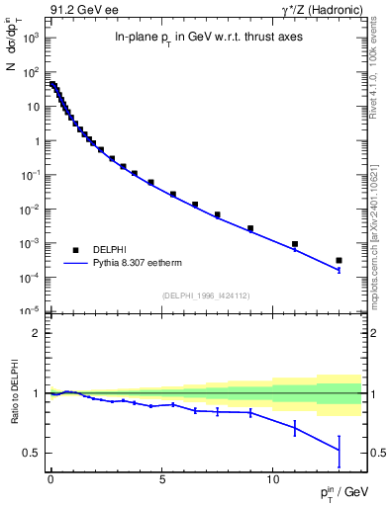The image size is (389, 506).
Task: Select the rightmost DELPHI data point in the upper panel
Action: [339, 261]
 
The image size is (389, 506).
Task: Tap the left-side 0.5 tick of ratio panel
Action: [30, 453]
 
